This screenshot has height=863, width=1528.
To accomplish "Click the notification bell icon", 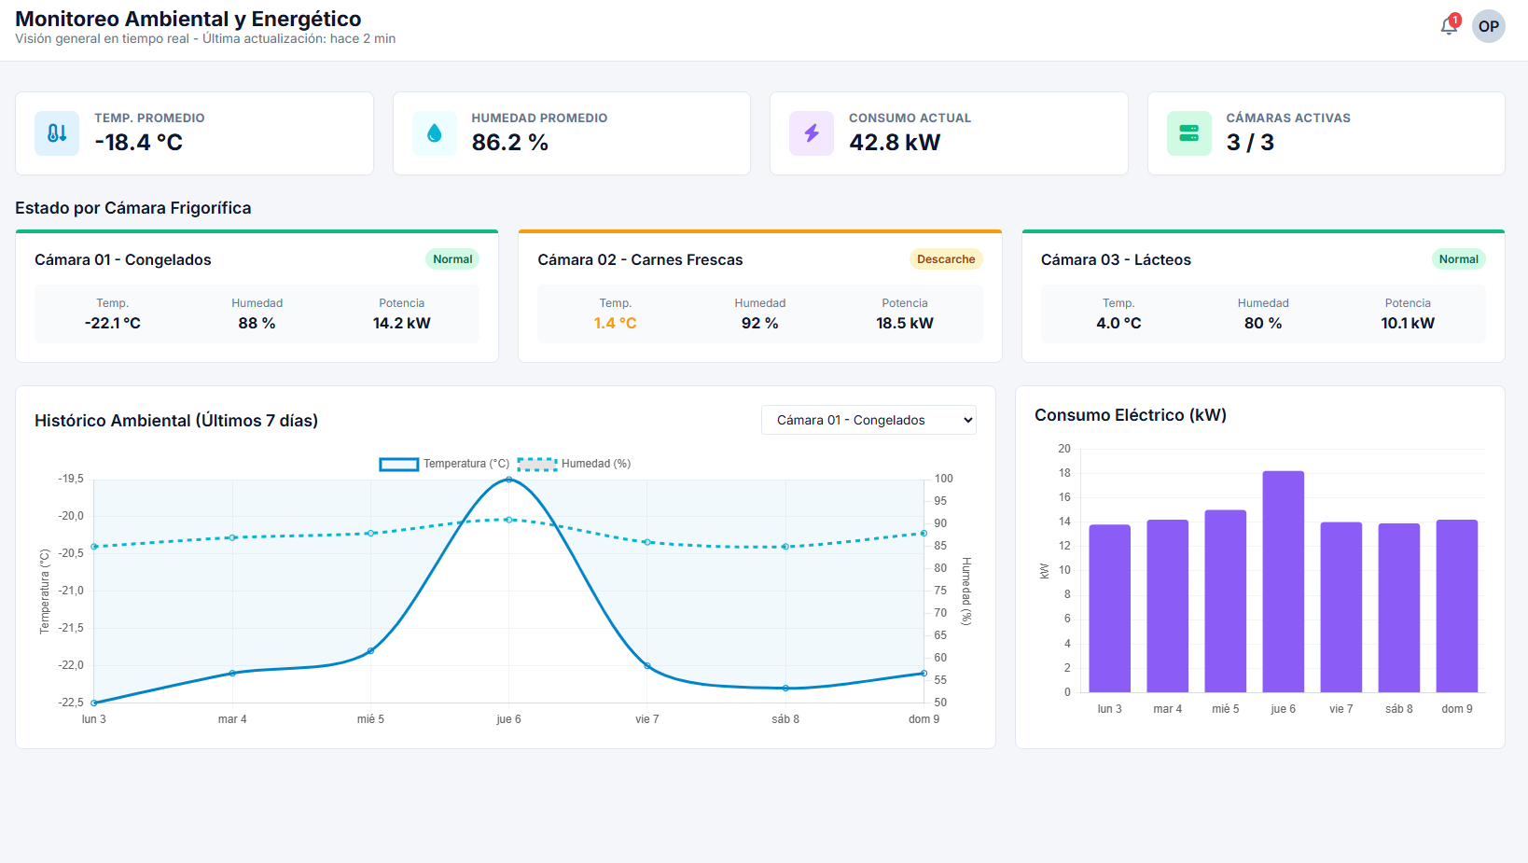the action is [1448, 26].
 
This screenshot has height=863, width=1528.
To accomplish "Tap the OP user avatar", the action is [1489, 27].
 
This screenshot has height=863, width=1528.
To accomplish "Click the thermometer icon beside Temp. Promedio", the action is [57, 133].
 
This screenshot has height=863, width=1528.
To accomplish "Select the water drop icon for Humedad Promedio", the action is [434, 133].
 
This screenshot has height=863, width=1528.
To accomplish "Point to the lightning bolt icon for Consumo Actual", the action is [811, 133].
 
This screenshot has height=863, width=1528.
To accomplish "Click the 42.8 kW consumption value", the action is [895, 143].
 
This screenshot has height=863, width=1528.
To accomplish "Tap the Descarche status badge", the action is [946, 259].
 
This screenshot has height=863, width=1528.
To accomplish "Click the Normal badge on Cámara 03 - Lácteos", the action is [1458, 259].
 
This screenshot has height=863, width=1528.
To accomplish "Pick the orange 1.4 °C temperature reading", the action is [615, 324].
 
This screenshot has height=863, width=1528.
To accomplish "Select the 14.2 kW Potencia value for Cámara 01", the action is [401, 324].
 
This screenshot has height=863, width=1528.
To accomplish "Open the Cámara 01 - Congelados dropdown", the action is [868, 420].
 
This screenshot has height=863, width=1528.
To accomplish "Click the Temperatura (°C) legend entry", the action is [444, 464].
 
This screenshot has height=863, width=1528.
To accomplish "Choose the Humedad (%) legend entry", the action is [574, 464].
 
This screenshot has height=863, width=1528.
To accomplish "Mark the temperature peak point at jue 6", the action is [509, 480].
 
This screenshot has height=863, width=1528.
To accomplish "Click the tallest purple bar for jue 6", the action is [1283, 582].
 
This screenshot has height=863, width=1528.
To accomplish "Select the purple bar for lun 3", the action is [1110, 608].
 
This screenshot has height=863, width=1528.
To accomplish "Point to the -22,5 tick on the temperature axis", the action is [71, 703].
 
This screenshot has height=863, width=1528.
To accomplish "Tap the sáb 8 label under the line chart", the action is [785, 719].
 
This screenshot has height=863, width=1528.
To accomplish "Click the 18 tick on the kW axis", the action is [1064, 473].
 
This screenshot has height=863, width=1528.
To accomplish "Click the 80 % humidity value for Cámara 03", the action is [1263, 324].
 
